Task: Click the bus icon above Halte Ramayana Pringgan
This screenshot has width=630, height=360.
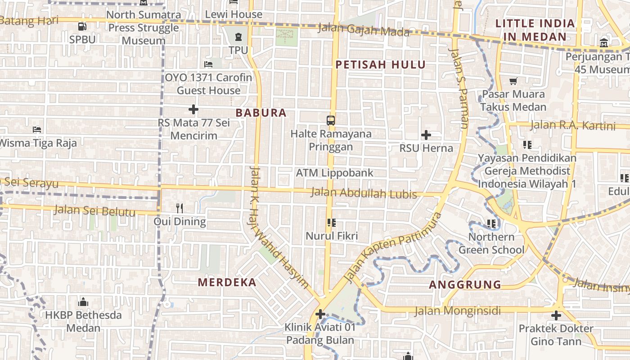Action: point(331,120)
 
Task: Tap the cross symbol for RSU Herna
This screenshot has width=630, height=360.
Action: point(426,135)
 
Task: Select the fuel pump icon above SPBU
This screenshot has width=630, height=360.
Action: point(82,27)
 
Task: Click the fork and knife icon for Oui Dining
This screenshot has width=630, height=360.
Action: point(180,208)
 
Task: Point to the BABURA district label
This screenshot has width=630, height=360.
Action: point(261,113)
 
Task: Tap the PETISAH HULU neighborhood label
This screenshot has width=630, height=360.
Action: point(381,65)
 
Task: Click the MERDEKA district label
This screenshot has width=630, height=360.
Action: point(227,283)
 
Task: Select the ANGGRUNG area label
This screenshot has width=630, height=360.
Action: point(465,285)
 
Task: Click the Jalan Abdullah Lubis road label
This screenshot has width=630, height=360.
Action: point(364,193)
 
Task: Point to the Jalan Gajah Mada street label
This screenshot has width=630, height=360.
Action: point(364,30)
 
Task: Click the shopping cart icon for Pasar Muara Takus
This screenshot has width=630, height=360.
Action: point(513,81)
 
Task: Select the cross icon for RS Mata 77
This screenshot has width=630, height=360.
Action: point(193,109)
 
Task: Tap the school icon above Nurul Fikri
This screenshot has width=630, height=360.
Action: point(332,222)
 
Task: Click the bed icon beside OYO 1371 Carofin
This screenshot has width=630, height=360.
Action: point(208,64)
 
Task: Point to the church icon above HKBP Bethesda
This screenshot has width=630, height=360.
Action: point(83,301)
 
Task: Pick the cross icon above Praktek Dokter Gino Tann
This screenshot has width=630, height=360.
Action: point(556,315)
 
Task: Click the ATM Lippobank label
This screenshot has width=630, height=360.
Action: point(334,173)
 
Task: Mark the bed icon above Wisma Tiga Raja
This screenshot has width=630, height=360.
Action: point(37,130)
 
